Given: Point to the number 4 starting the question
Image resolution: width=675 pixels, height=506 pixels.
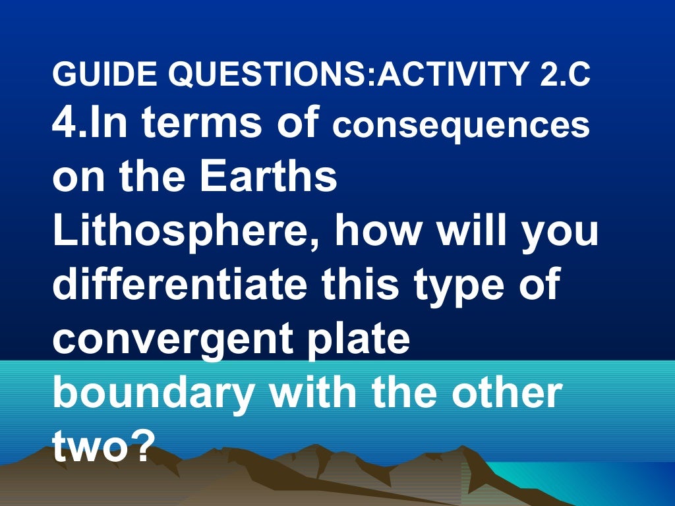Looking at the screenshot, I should click(x=64, y=124).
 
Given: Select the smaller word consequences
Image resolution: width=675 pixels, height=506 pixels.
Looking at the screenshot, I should click(x=461, y=126).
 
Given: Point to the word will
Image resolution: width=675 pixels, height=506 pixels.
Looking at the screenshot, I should click(x=475, y=232).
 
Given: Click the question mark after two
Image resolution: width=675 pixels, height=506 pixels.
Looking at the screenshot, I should click(x=137, y=446).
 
